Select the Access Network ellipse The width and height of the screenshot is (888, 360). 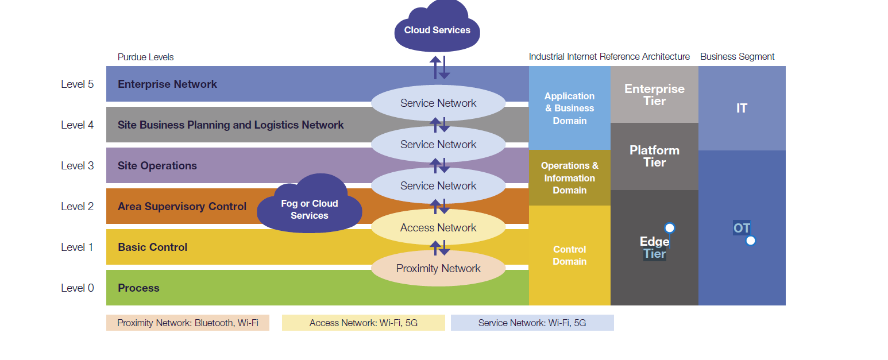pos(438,227)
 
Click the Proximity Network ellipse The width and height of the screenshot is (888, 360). pos(438,268)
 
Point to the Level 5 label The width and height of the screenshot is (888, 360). pos(78,84)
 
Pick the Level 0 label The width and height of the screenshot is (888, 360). pos(78,288)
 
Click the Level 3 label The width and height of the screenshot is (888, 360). pos(78,165)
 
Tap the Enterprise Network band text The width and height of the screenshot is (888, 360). pos(167,84)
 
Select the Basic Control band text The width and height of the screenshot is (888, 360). pos(152,247)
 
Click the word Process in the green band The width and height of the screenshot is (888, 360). pos(138,288)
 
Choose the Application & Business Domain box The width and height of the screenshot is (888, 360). pos(569,108)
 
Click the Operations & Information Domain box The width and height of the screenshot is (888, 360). pos(569,177)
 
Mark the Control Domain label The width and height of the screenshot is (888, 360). pos(569,255)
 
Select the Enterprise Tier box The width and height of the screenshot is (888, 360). pos(654,95)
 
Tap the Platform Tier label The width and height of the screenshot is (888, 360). pos(654,156)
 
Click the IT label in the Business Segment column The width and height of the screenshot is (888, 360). pos(742,108)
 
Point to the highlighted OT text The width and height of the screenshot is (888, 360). pos(742,228)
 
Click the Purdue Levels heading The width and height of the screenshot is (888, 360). pos(145,57)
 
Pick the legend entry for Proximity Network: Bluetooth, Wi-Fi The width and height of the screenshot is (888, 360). pos(187,323)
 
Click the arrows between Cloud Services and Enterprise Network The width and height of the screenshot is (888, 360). pos(440,67)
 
